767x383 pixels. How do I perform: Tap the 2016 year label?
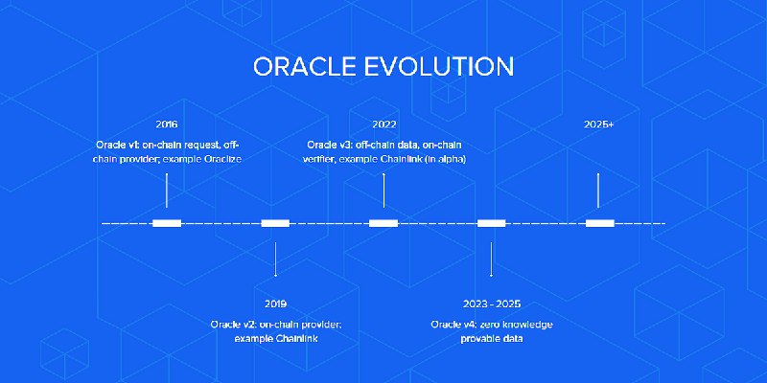(167, 124)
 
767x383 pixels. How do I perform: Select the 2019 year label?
(275, 304)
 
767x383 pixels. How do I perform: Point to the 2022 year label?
(384, 124)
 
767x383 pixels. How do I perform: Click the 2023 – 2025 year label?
(491, 304)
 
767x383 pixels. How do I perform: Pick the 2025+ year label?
(599, 124)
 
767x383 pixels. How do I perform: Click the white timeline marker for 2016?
(167, 223)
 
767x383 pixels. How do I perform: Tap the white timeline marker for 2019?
(275, 223)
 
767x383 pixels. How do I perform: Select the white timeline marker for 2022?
(383, 223)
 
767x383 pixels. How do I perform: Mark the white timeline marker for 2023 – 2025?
(491, 223)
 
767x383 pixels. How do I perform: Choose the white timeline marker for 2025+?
(600, 223)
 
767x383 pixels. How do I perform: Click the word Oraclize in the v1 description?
(219, 159)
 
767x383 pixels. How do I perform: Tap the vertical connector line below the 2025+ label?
(599, 190)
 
